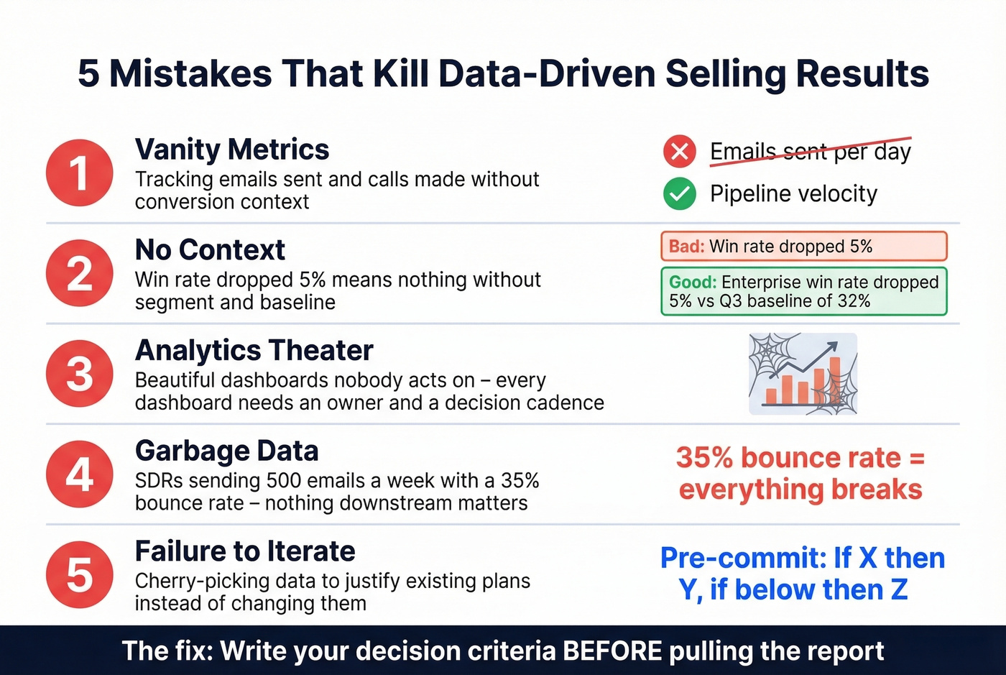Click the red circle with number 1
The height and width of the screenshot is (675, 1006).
[x=79, y=173]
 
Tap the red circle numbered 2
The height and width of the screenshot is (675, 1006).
[x=79, y=274]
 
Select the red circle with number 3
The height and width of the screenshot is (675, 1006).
[x=79, y=374]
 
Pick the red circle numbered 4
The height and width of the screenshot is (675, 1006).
[x=79, y=474]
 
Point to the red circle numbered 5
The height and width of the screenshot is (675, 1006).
[x=79, y=575]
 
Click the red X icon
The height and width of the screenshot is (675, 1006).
[x=679, y=152]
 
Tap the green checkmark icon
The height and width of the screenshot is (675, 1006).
[x=679, y=193]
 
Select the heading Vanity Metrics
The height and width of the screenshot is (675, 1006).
[x=231, y=150]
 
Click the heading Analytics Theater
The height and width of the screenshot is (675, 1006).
[x=254, y=351]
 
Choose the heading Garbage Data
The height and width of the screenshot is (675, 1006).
[x=226, y=451]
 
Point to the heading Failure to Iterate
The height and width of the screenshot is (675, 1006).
[x=244, y=551]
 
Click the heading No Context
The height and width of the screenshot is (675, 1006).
[x=210, y=250]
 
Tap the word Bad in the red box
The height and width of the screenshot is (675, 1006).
[x=686, y=247]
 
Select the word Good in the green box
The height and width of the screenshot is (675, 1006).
[x=693, y=282]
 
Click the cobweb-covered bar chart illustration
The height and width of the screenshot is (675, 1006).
[x=803, y=374]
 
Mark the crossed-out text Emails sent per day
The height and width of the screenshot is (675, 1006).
[x=810, y=152]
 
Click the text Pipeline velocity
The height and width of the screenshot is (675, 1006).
[x=793, y=193]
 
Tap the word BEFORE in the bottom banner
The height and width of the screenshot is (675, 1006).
[x=612, y=651]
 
